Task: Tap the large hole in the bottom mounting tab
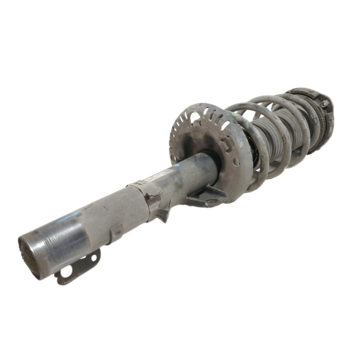[66, 271]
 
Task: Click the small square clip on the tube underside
[118, 233]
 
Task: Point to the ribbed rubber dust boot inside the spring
[270, 135]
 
